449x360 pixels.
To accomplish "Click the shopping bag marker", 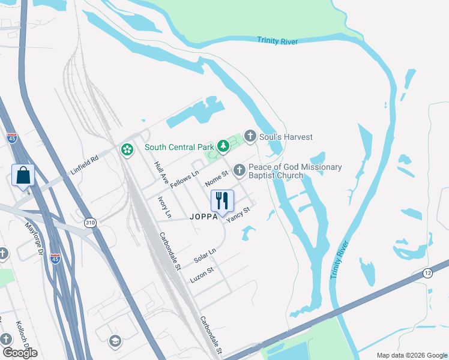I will tap(23, 176).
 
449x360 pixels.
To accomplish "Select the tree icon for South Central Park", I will tap(223, 146).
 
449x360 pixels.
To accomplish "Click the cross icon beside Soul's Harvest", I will tap(250, 137).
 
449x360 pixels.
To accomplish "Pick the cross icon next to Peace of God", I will tap(240, 171).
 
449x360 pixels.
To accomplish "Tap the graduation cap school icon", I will tap(114, 341).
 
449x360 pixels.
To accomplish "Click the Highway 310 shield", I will tap(90, 223).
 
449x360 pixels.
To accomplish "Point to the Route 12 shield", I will tap(427, 273).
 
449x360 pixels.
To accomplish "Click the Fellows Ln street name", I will tap(184, 179).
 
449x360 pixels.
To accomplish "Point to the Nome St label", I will tap(217, 179).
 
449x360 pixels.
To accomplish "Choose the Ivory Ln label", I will tap(164, 206).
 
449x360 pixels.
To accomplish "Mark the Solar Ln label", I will tap(205, 256).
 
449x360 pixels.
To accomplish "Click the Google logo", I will tap(20, 353).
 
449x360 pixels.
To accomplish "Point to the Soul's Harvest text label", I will tap(286, 137).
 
